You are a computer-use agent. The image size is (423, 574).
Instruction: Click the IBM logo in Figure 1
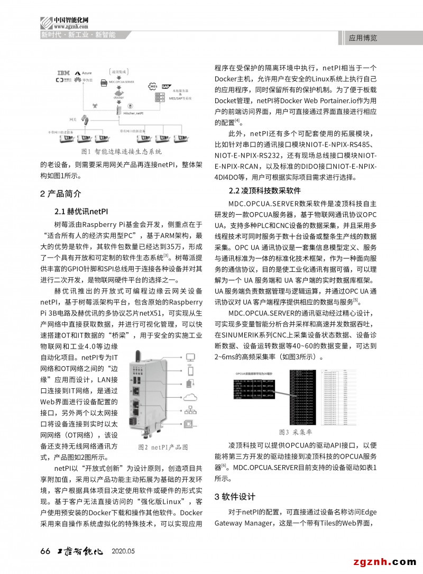pos(63,72)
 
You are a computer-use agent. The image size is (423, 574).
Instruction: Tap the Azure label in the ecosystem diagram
pos(85,72)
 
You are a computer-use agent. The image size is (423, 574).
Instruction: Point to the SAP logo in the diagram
pos(165,85)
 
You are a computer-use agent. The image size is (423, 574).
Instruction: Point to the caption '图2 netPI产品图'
pos(163,447)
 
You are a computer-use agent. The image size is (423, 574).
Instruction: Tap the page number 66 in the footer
pos(45,551)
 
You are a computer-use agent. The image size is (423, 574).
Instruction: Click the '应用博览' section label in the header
pos(363,38)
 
